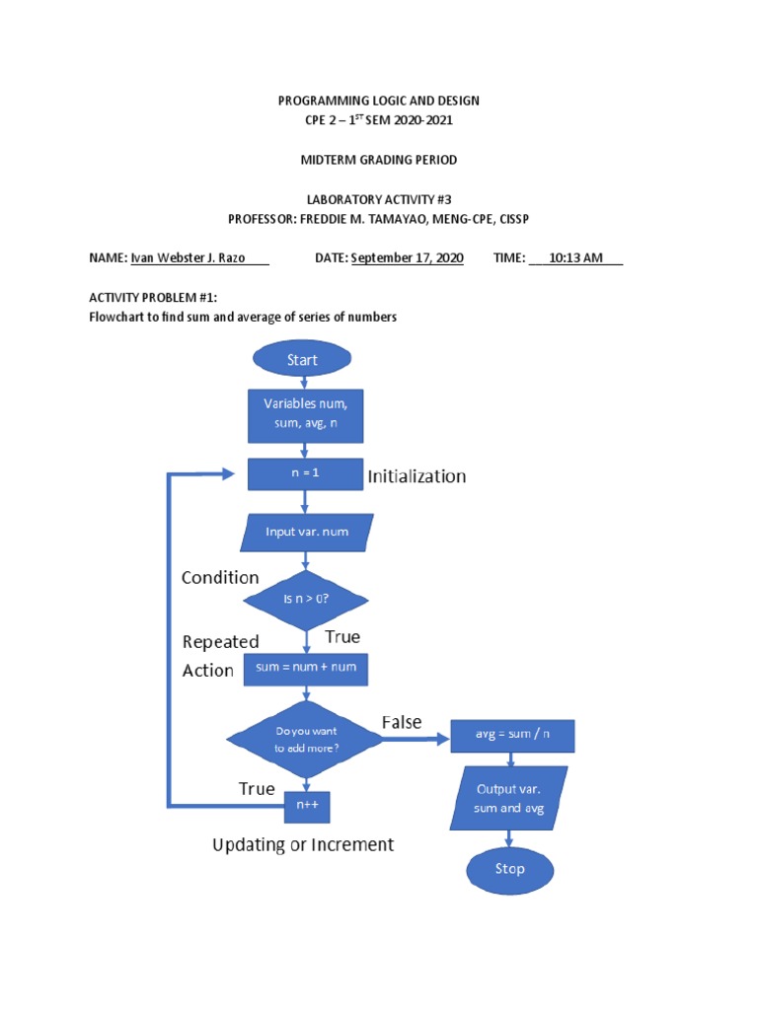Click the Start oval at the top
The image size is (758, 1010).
(302, 360)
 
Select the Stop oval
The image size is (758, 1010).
(509, 869)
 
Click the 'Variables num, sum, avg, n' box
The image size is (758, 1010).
(306, 416)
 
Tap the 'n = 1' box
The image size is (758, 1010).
(306, 472)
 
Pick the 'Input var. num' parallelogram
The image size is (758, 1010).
(307, 533)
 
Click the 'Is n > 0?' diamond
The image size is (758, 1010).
(306, 600)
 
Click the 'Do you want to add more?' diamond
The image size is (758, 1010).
(306, 740)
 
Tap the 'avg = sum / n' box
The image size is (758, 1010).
(511, 735)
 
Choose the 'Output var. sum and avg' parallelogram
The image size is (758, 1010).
(510, 800)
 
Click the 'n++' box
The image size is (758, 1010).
(306, 806)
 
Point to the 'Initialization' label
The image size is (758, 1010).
(417, 476)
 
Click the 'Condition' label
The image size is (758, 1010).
(220, 578)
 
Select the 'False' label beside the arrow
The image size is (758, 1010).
(402, 722)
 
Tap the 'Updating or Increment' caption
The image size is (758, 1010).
(303, 845)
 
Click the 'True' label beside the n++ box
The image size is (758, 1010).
(257, 789)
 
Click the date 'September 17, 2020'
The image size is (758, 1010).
(407, 258)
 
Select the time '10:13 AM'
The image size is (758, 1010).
(576, 258)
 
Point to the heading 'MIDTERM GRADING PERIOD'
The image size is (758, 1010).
(378, 160)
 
